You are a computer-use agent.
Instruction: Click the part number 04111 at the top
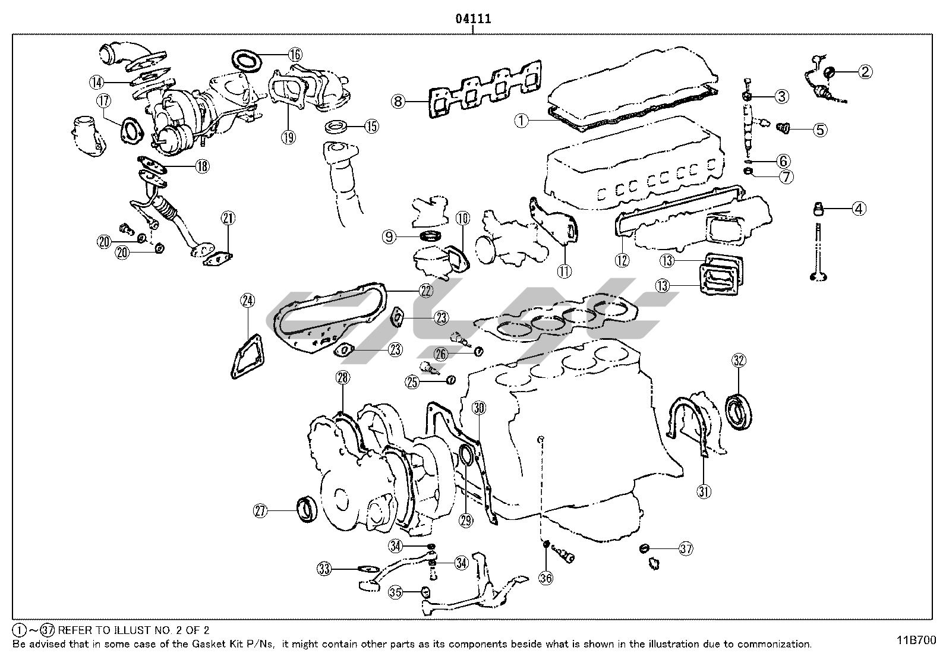473,18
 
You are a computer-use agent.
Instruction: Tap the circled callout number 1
521,121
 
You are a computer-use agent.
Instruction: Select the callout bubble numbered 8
398,101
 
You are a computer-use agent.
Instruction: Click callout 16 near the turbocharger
295,55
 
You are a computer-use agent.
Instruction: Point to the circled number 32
739,360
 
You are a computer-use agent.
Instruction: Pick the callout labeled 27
261,510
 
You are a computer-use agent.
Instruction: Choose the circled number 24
248,301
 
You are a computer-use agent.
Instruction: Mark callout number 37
686,549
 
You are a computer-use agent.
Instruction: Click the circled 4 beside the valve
859,209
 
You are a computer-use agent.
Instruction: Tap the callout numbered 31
704,491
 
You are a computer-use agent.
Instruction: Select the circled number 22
425,291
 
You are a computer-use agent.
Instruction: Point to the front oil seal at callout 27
307,510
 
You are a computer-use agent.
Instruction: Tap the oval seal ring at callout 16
247,61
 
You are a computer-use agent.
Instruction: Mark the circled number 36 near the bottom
545,576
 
